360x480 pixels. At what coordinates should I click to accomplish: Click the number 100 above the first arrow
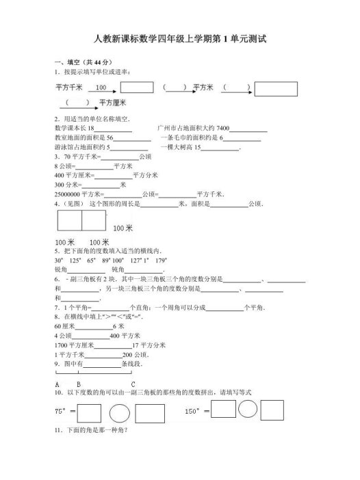[101, 88]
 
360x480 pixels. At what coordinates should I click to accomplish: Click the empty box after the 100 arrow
[136, 88]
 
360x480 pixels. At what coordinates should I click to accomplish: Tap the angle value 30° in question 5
[59, 261]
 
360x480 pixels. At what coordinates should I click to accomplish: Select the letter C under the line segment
[133, 384]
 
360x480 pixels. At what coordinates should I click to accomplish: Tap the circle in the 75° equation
[120, 413]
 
